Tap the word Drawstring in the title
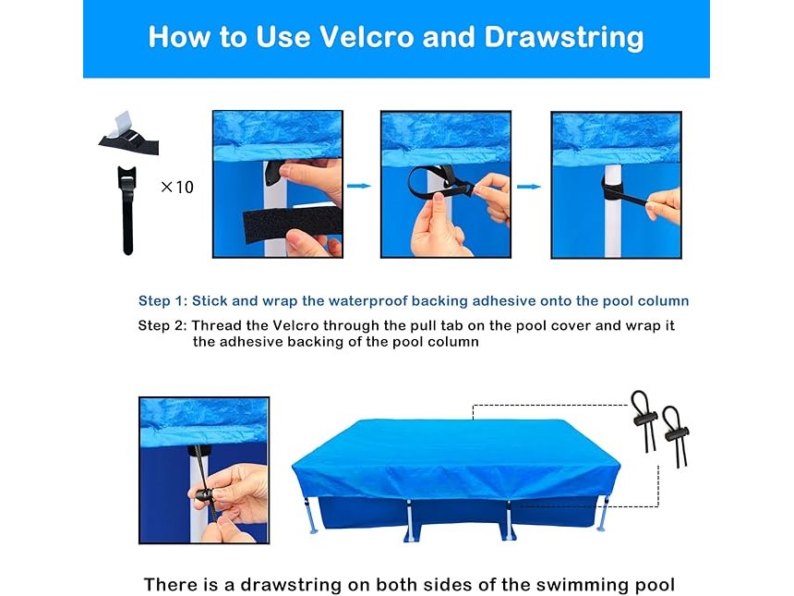pyautogui.click(x=564, y=38)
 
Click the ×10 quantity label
pyautogui.click(x=177, y=187)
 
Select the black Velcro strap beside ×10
pyautogui.click(x=127, y=210)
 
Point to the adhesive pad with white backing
pyautogui.click(x=128, y=134)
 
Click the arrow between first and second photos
pyautogui.click(x=358, y=186)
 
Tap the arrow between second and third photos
pyautogui.click(x=529, y=187)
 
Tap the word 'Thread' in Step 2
pyautogui.click(x=211, y=325)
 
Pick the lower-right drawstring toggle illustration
pyautogui.click(x=675, y=435)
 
